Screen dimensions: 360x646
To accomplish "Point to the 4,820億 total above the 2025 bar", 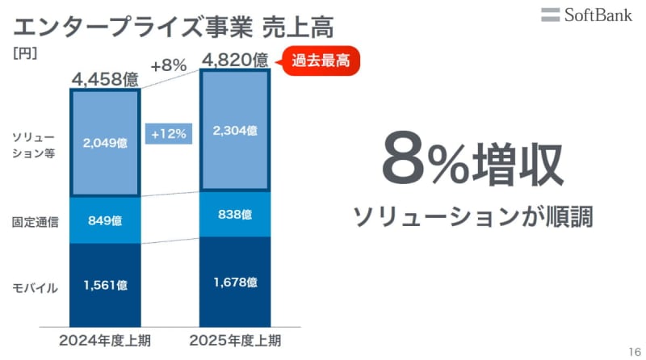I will click(236, 61).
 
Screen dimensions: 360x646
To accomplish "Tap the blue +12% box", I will click(168, 134).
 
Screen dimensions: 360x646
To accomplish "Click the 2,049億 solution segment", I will click(105, 143).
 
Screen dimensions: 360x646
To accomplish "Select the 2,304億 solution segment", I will click(236, 130).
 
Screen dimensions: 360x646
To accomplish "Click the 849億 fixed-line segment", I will click(105, 219).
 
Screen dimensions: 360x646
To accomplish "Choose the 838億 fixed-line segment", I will click(236, 214).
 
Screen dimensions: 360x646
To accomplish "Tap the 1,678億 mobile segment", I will click(236, 282).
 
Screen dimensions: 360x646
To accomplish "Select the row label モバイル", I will click(35, 287).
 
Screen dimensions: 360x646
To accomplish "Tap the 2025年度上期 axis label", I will click(235, 340).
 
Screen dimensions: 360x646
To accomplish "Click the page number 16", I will click(632, 349).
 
